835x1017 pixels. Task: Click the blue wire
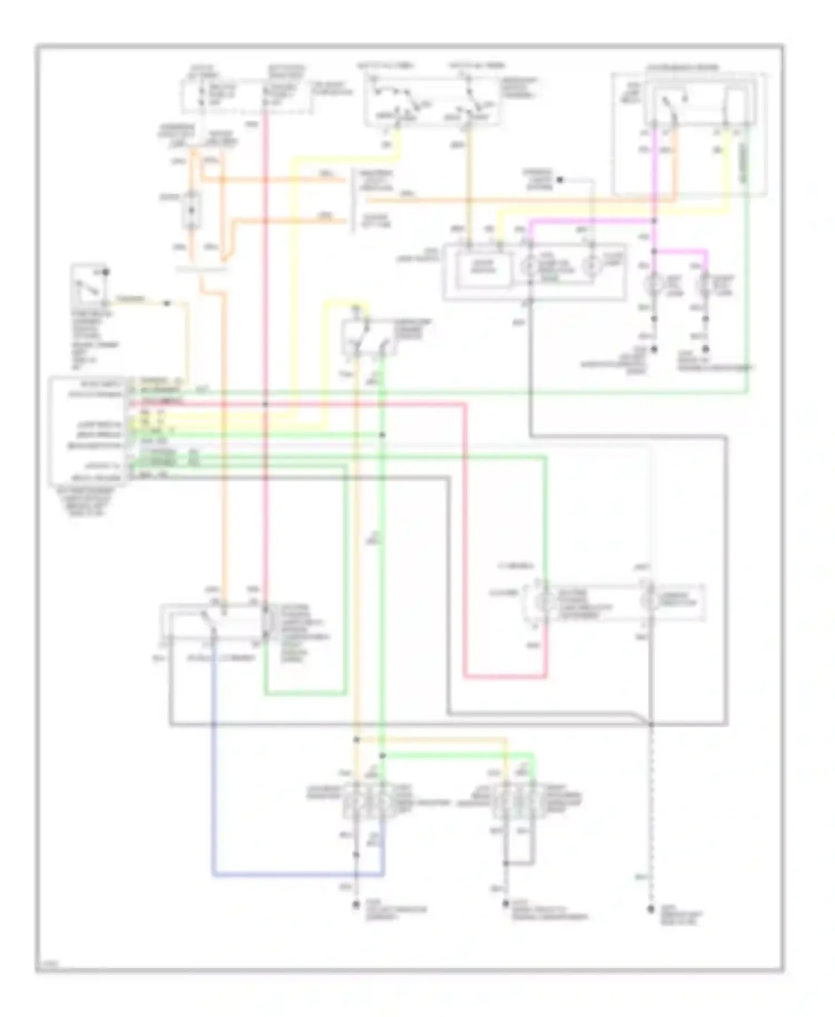tap(213, 779)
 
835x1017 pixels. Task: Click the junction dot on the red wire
tap(266, 403)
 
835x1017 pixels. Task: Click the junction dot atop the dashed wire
tap(650, 724)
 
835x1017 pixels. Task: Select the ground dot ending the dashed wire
tap(650, 909)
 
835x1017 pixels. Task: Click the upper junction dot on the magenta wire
tap(655, 221)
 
